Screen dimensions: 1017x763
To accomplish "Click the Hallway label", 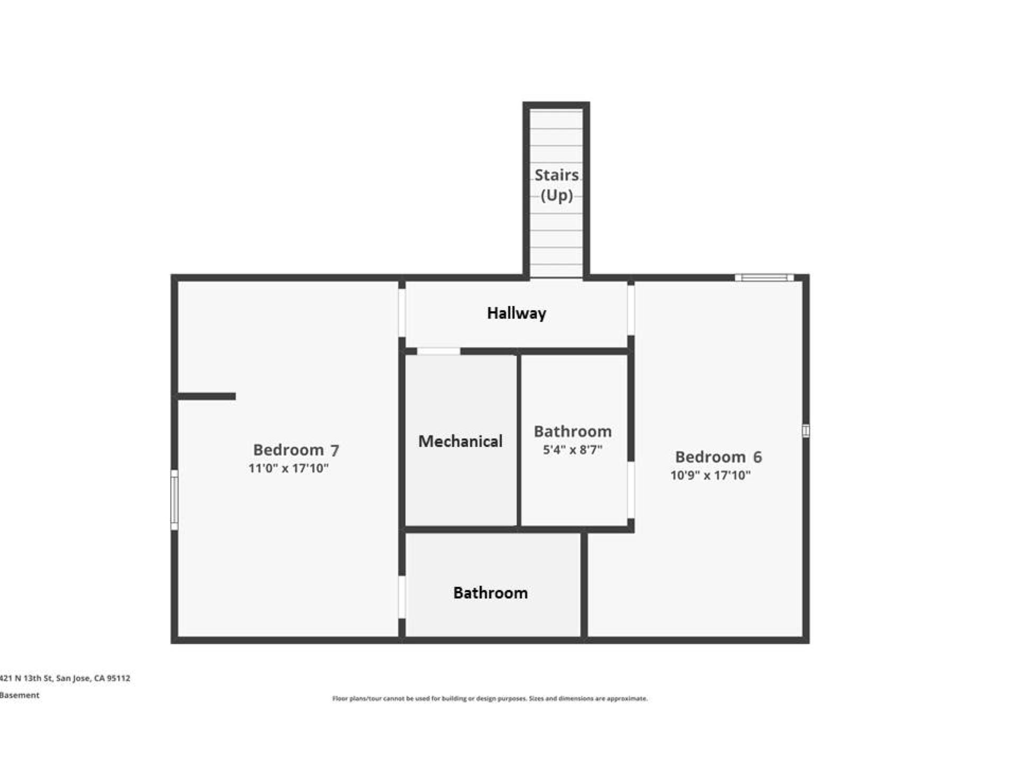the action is tap(516, 313).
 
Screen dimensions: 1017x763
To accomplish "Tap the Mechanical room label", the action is tap(460, 441).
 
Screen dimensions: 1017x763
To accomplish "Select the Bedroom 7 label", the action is tap(296, 450).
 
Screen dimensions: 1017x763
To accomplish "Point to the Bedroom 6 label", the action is tap(718, 457).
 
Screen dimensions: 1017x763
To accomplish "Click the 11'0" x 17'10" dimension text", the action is tap(289, 468).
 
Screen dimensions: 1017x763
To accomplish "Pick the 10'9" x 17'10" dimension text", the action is tap(710, 475).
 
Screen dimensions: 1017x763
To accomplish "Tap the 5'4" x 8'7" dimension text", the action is tap(573, 450).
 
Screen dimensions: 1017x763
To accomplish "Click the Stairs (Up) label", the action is tap(556, 185).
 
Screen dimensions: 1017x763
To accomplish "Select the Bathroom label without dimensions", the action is tap(490, 593).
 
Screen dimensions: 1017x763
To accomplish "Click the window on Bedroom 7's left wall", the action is tap(174, 500).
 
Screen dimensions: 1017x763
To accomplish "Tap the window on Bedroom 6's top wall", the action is tap(764, 278).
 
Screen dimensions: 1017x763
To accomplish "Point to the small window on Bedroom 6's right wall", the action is tap(806, 431).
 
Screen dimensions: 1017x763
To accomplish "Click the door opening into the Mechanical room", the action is tap(439, 351).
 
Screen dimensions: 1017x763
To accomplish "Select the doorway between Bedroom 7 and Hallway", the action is tap(402, 313).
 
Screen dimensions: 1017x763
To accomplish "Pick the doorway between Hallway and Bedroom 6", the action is tap(631, 310).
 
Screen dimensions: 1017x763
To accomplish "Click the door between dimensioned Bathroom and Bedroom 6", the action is tap(631, 490).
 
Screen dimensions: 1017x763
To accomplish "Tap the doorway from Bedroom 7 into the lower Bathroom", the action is tap(402, 597).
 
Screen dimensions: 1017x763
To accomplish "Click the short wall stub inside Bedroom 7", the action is tap(207, 396).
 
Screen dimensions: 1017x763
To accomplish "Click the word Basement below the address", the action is tap(20, 695).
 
